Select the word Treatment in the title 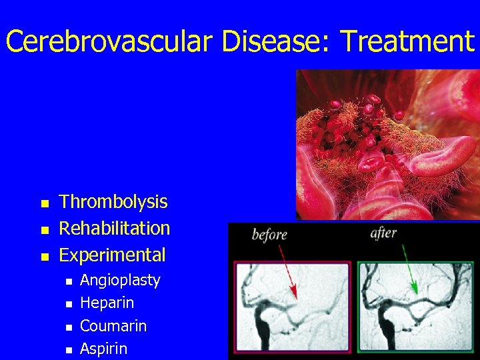coord(407,41)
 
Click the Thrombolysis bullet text coord(113,202)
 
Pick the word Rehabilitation coord(115,228)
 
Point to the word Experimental coord(112,255)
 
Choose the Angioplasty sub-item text coord(120,280)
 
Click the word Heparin coord(107,303)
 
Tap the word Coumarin coord(113,326)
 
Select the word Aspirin coord(103,349)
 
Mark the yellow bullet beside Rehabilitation coord(44,229)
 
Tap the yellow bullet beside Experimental coord(44,256)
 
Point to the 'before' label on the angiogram coord(269,235)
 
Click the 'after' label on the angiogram coord(383,233)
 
